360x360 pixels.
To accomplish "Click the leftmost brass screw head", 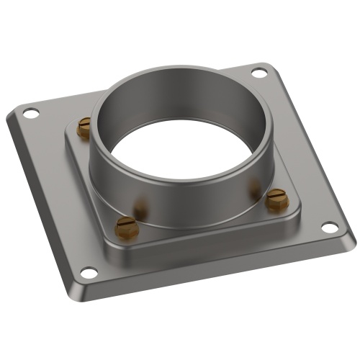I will pos(84,127).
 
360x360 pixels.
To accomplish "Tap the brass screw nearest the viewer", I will pos(125,228).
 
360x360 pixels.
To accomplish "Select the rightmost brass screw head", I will pos(277,199).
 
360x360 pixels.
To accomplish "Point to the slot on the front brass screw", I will pos(125,227).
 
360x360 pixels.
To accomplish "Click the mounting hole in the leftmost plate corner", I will pos(31,113).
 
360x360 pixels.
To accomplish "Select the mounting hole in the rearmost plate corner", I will pos(258,72).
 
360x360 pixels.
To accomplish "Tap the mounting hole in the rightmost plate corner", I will pos(328,228).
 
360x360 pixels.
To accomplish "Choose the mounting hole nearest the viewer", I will pos(88,272).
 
